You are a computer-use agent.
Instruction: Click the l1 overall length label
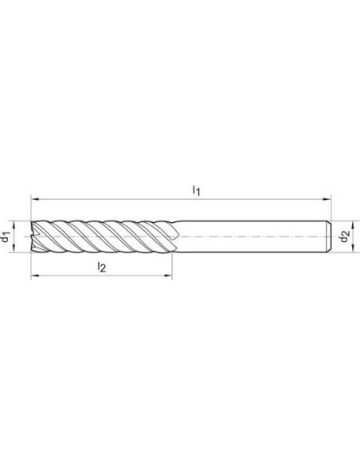(x=196, y=190)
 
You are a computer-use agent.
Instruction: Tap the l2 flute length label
(x=102, y=268)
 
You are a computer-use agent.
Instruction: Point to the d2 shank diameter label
(x=345, y=236)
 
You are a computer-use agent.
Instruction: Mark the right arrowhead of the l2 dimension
(x=168, y=275)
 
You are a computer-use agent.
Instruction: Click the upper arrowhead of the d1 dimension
(x=14, y=225)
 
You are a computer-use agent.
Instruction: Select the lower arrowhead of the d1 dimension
(x=14, y=248)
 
